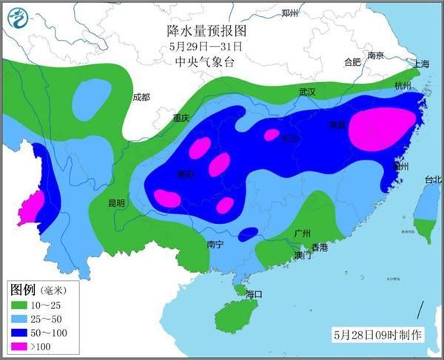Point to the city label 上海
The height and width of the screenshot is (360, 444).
point(423,64)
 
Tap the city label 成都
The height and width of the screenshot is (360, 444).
point(141,97)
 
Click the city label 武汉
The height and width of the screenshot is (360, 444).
point(307,92)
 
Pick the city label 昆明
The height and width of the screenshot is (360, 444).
point(118,202)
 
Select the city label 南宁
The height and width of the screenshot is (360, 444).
point(215,243)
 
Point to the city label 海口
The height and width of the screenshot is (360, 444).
point(254,293)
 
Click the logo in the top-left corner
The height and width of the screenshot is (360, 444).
point(16,16)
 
